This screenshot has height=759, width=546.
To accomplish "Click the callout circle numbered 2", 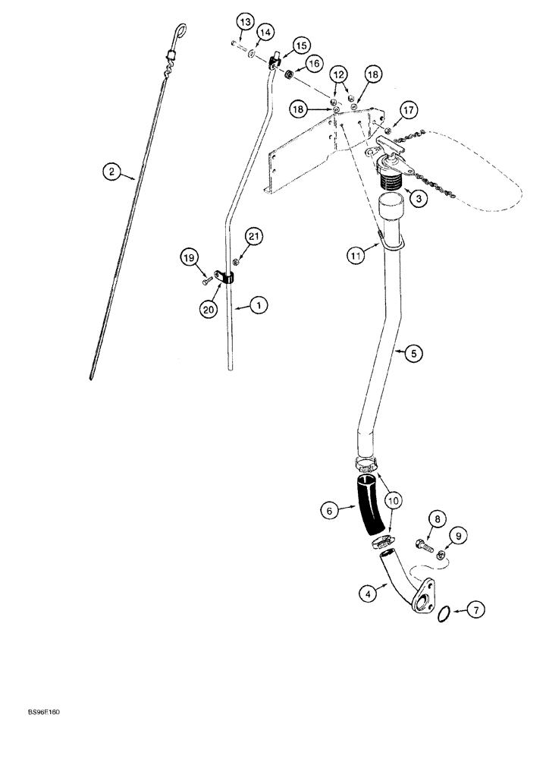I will click(x=112, y=173).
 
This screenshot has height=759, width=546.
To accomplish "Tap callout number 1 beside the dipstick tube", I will click(x=259, y=305).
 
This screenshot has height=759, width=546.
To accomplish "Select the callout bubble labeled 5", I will click(x=413, y=353).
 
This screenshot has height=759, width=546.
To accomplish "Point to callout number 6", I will click(x=329, y=512).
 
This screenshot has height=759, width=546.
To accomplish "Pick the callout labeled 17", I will click(x=409, y=112).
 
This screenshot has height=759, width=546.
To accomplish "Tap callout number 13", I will click(x=243, y=23).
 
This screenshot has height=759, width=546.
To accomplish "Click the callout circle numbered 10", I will click(x=395, y=501).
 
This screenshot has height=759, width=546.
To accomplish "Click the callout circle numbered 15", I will click(x=301, y=46).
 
